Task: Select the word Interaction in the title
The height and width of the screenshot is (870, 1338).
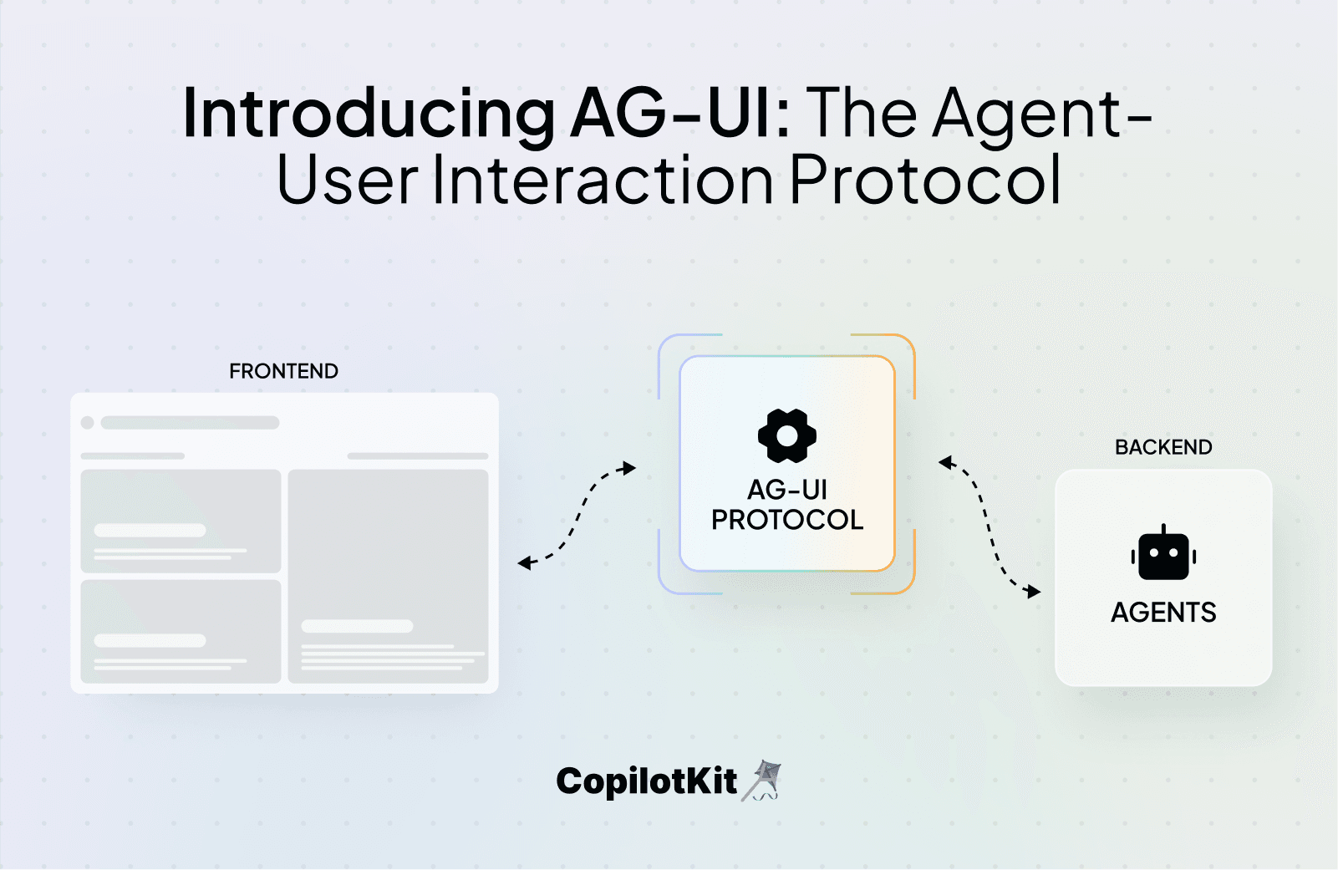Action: tap(603, 180)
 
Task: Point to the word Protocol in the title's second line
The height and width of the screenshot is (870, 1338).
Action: tap(925, 180)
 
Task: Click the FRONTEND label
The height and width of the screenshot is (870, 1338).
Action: tap(283, 371)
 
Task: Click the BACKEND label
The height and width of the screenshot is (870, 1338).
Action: tap(1163, 447)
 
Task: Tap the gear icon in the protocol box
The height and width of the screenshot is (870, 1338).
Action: tap(786, 435)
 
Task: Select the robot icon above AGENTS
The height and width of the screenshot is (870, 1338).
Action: tap(1163, 554)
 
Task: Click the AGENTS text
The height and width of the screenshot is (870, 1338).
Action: tap(1163, 613)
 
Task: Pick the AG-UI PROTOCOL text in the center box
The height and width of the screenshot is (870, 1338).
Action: tap(787, 505)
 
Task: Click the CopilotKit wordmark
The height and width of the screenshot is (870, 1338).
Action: tap(646, 781)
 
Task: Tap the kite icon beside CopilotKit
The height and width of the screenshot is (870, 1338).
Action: tap(762, 781)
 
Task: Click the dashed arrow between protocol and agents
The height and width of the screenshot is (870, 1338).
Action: tap(990, 527)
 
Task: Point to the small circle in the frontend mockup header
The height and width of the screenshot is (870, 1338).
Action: tap(87, 423)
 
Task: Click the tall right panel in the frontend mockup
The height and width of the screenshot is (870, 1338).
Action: tap(388, 576)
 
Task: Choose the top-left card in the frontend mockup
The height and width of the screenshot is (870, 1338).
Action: tap(181, 521)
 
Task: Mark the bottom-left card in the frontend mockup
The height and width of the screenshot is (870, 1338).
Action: tap(181, 631)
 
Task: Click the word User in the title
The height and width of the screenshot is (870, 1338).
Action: tap(347, 180)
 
